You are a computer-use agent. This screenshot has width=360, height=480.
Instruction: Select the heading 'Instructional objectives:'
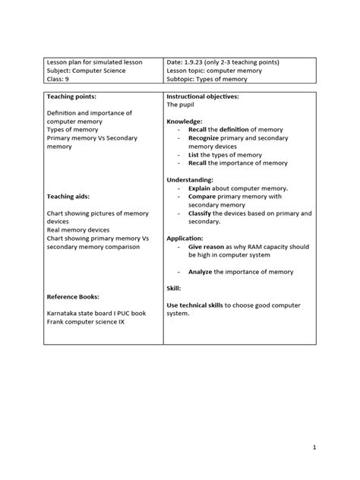(x=203, y=97)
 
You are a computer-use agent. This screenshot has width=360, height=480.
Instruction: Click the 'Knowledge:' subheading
(x=185, y=122)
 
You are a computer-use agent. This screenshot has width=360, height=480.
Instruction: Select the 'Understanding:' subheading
(x=191, y=179)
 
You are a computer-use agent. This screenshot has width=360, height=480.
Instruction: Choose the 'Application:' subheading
(x=186, y=238)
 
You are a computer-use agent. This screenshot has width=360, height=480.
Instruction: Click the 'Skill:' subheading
(x=174, y=288)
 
